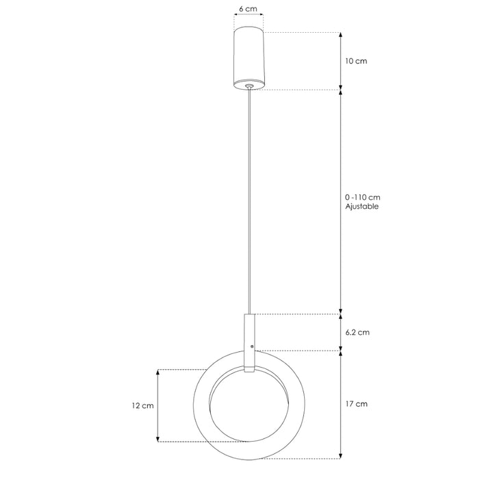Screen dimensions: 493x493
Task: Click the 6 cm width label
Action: coord(248,10)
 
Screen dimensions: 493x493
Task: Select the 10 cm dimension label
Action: coord(355,61)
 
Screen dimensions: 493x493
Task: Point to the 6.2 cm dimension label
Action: coord(357,332)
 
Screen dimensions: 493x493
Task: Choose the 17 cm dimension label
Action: coord(356,404)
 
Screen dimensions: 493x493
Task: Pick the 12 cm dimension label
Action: coord(143,405)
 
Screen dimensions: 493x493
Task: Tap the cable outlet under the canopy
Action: coord(249,87)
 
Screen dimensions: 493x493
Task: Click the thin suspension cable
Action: coord(249,205)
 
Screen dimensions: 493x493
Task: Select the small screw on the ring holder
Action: coord(253,347)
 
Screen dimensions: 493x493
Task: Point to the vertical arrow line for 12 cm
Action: coord(158,405)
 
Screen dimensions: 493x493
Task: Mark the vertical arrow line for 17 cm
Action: coord(340,404)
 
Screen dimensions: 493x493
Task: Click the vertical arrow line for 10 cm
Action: coord(340,61)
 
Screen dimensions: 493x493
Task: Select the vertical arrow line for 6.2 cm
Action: coord(340,332)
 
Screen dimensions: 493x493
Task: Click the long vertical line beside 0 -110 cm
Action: coord(340,202)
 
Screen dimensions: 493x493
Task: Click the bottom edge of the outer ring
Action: coord(249,457)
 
